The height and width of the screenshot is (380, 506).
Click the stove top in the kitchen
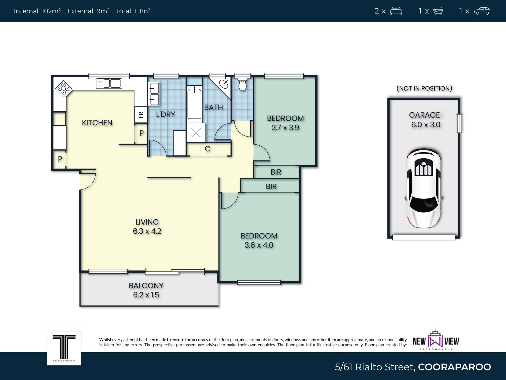(64, 88)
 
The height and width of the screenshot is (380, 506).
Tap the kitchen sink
(109, 84)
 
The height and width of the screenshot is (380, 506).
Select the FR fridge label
(141, 115)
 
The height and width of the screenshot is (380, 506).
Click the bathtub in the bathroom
(194, 104)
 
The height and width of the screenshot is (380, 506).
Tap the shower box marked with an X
(196, 132)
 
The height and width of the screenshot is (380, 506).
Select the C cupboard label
(208, 149)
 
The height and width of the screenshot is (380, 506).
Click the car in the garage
(424, 188)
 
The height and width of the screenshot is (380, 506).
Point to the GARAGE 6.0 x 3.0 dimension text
(425, 120)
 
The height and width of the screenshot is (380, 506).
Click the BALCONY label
(146, 286)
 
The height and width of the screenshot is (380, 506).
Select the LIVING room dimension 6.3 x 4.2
(147, 231)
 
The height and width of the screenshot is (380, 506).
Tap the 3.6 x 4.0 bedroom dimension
(259, 245)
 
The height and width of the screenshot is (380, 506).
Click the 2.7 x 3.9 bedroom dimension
(285, 128)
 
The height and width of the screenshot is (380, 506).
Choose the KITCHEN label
(97, 123)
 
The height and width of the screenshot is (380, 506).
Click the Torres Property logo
(64, 348)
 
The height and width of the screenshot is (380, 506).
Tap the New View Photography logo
(436, 340)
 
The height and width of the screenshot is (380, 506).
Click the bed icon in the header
(396, 11)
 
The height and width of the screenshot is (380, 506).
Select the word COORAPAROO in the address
(454, 367)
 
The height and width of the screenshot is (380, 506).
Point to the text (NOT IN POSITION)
(424, 88)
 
